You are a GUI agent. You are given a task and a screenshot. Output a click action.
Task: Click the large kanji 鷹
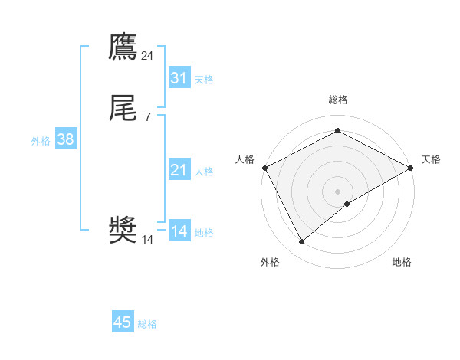tap(123, 47)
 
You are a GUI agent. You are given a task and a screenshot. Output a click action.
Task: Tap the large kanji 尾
tap(123, 109)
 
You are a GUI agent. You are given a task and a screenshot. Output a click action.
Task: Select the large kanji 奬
tap(123, 231)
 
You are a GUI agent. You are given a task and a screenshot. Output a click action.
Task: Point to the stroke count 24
tap(148, 55)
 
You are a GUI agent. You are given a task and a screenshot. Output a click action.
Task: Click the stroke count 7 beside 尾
tap(148, 116)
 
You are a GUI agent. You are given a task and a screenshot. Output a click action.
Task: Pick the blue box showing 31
tap(179, 78)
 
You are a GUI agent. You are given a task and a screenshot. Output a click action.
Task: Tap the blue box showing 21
tap(179, 170)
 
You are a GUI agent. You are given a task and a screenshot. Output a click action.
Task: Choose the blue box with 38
tap(66, 139)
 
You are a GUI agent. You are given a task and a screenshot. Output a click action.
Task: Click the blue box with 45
tap(123, 323)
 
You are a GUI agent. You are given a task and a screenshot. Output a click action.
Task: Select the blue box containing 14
tap(179, 231)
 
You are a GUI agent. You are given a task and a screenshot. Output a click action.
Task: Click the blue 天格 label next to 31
tap(204, 79)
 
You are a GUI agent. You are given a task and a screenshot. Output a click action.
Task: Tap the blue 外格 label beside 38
tap(41, 140)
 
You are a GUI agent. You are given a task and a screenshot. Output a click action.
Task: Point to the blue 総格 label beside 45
tap(147, 324)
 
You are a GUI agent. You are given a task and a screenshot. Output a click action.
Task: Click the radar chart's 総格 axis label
tap(338, 100)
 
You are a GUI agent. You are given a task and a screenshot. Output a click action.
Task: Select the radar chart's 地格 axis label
tap(402, 262)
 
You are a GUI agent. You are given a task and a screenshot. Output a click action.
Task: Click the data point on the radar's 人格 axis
tap(264, 167)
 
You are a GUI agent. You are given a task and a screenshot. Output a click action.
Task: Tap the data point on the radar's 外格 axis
tap(302, 241)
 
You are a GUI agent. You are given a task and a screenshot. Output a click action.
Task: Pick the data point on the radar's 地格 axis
tap(347, 204)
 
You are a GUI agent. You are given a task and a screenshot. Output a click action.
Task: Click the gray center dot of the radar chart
tap(338, 191)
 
